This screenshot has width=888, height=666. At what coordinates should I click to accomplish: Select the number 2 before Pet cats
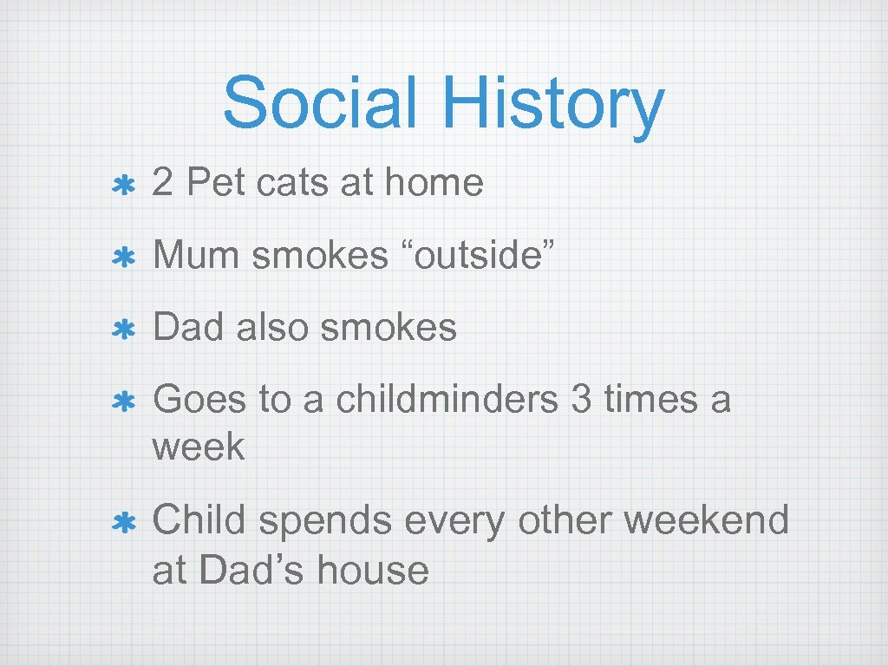pos(161,183)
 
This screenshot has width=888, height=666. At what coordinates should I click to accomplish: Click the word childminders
pos(447,400)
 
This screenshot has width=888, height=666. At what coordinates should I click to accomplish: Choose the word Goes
pos(199,400)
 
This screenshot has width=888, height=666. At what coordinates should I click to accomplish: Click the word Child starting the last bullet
pos(200,520)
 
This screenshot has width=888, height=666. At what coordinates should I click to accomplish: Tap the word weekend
pos(706,520)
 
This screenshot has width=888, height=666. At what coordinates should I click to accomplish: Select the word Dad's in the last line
pos(251,570)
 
